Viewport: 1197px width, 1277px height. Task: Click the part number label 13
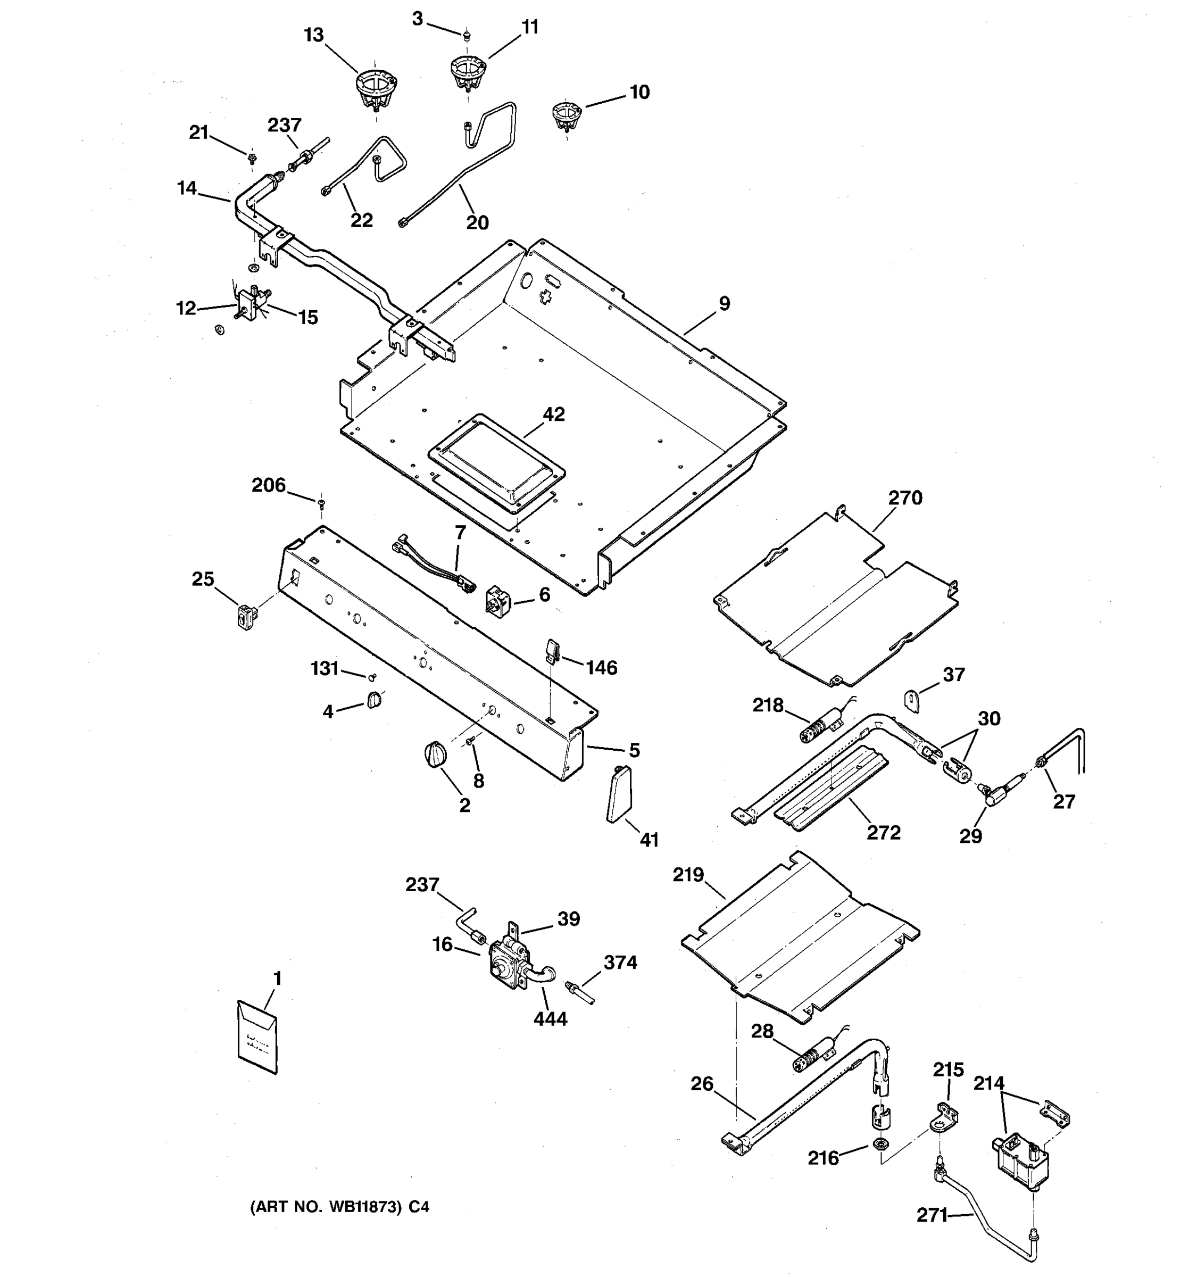(313, 35)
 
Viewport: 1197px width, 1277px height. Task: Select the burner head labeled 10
(566, 115)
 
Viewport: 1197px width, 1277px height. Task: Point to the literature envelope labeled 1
(257, 1036)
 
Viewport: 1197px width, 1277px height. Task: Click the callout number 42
(554, 414)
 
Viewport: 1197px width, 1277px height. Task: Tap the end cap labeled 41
(619, 794)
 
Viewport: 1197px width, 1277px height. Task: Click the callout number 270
(905, 498)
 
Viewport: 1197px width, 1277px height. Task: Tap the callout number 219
(688, 875)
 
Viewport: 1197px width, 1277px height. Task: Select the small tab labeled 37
(912, 699)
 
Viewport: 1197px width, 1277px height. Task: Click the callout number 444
(550, 1019)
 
